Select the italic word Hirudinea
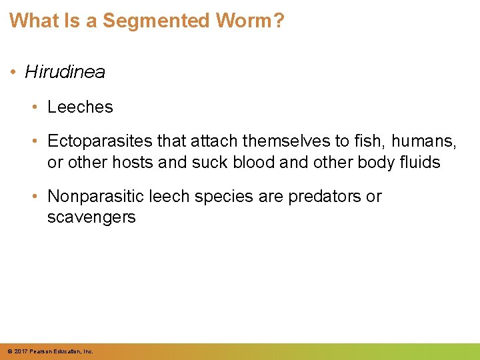pyautogui.click(x=65, y=72)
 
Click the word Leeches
pyautogui.click(x=80, y=107)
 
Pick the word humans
pyautogui.click(x=423, y=141)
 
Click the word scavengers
pyautogui.click(x=91, y=217)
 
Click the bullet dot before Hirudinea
pyautogui.click(x=15, y=73)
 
